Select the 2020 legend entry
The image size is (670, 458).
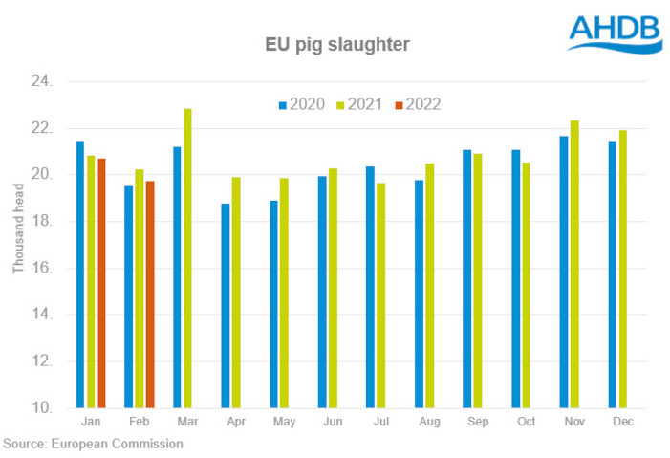[x=300, y=104]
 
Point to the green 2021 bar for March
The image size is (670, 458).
[x=187, y=258]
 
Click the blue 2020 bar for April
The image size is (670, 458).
[x=226, y=306]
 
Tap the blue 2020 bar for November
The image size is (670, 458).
[x=564, y=273]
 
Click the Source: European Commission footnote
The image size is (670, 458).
[x=93, y=444]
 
